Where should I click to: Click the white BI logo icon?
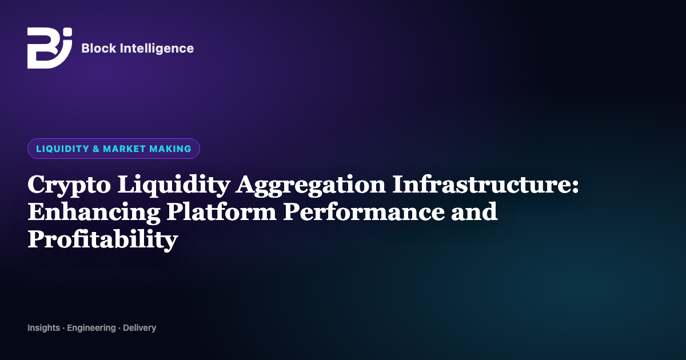click(x=50, y=48)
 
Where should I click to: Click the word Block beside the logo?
click(x=99, y=49)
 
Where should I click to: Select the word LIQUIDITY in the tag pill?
click(x=62, y=149)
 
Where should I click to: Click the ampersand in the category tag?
click(x=96, y=149)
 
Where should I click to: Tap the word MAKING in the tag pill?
click(x=170, y=149)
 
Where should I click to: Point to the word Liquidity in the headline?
click(x=174, y=185)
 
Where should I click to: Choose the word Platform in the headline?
click(x=222, y=211)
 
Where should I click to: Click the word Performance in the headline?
click(x=364, y=211)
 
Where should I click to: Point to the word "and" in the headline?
click(x=474, y=211)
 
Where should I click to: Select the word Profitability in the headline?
click(x=103, y=239)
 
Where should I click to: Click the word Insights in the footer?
click(x=44, y=328)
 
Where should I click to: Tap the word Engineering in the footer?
click(x=91, y=328)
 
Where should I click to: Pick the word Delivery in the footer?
click(x=139, y=328)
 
